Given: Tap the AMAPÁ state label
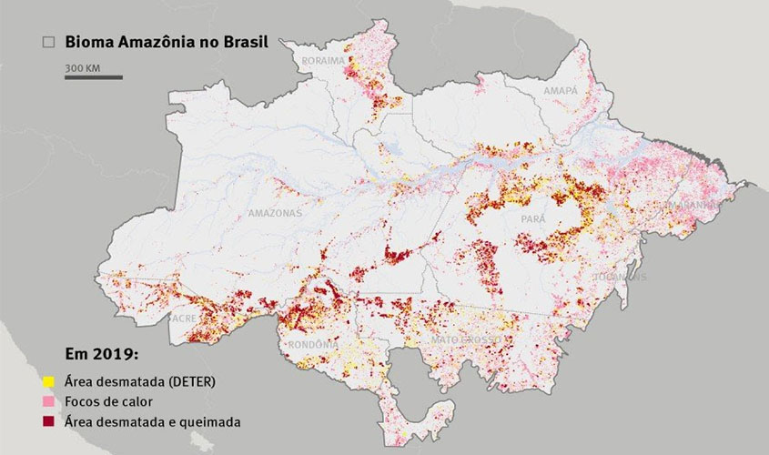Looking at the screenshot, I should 562,92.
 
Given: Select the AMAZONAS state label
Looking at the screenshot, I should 274,213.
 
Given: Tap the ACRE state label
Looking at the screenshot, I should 182,319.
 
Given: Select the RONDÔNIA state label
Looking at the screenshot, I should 312,346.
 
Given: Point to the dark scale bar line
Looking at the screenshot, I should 93,77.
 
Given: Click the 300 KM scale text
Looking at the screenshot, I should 81,67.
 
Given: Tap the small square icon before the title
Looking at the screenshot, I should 49,42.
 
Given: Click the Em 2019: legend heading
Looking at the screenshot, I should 101,354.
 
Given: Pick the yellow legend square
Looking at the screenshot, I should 48,381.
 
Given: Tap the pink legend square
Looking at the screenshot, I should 48,401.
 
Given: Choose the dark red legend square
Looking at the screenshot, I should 48,421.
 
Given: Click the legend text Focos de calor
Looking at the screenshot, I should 107,401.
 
